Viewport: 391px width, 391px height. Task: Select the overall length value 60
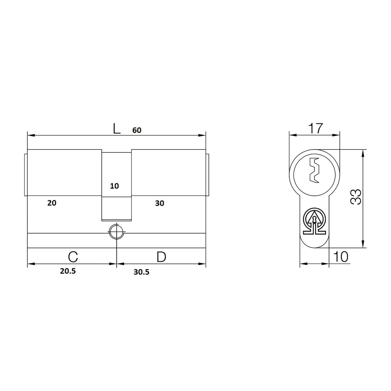click(x=137, y=130)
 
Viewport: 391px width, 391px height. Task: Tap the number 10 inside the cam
click(x=114, y=186)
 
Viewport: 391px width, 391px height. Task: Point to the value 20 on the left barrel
click(x=52, y=203)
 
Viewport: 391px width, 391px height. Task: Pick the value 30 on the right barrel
click(x=159, y=203)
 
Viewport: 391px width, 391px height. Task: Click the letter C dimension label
click(x=73, y=257)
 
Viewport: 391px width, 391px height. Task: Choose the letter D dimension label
click(x=161, y=257)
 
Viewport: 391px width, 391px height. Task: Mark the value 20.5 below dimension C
click(x=68, y=271)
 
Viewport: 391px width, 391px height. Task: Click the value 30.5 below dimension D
click(x=142, y=272)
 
